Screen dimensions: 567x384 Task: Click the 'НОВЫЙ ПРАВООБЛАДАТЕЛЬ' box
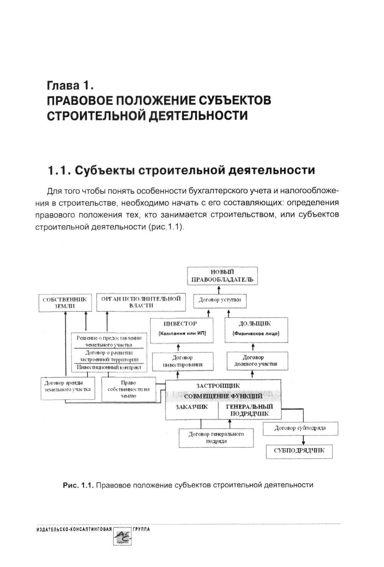222,276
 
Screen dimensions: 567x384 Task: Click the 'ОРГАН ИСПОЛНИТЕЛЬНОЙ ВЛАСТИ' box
140,302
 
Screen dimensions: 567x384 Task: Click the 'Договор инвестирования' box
182,361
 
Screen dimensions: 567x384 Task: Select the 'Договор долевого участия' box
253,361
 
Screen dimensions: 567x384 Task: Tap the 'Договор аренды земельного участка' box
68,388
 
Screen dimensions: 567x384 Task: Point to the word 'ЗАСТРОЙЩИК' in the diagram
218,386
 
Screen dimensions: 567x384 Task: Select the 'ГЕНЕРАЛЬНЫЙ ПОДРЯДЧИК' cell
250,410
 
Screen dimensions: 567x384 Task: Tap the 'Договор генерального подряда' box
216,437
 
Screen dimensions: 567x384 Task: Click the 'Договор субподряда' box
300,428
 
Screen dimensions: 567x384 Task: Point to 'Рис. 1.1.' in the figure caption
78,485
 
